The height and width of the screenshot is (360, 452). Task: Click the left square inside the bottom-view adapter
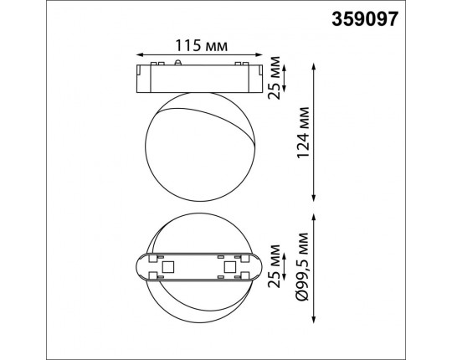point(167,268)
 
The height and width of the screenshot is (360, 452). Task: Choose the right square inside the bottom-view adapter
point(230,268)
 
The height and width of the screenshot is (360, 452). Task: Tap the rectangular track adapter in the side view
point(198,75)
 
